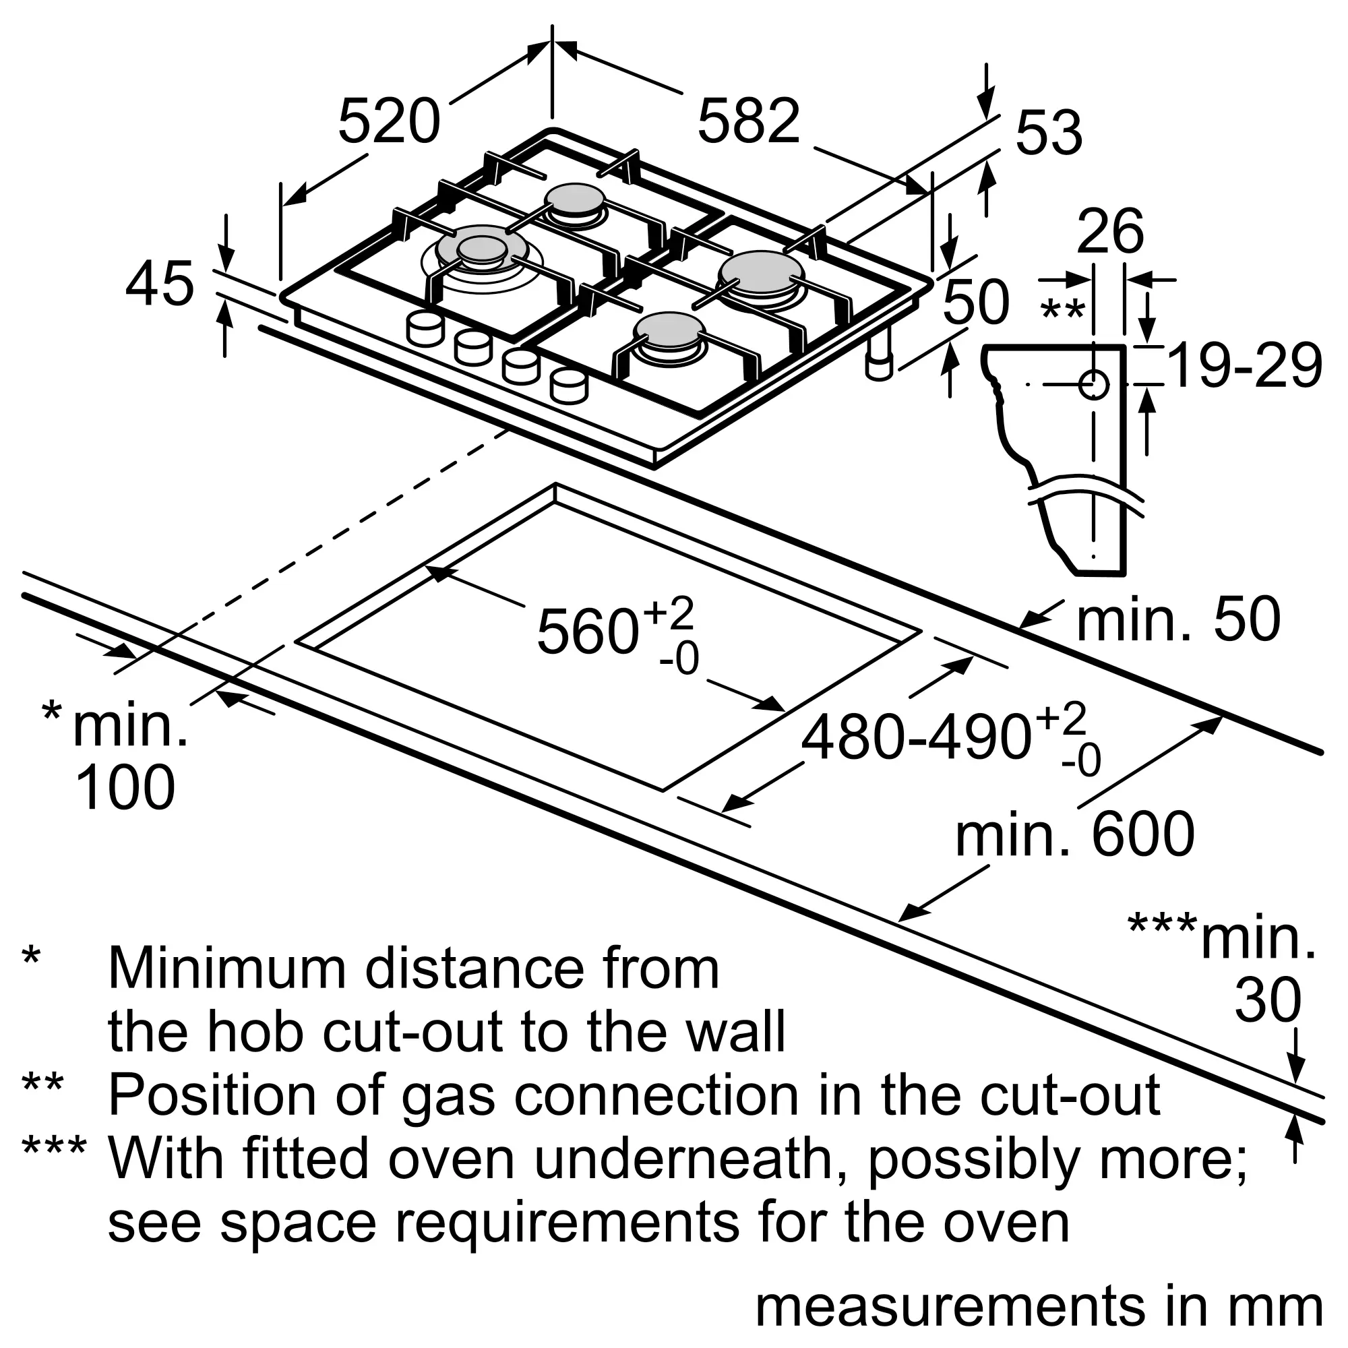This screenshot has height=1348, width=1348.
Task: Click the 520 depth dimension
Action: (x=390, y=121)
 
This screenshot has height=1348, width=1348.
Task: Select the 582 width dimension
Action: (x=749, y=121)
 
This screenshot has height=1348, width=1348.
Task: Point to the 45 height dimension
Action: (x=160, y=283)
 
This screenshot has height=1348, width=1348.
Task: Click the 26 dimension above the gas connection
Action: (x=1110, y=231)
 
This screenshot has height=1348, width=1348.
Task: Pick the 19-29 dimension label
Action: (x=1244, y=365)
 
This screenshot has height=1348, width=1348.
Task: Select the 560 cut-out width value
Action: (x=588, y=632)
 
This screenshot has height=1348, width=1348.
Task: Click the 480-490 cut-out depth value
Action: (x=915, y=738)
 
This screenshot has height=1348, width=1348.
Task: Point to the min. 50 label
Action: (x=1178, y=619)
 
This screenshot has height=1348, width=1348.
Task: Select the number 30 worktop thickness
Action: (x=1268, y=1000)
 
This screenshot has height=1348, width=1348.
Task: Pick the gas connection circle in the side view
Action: (x=1093, y=384)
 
